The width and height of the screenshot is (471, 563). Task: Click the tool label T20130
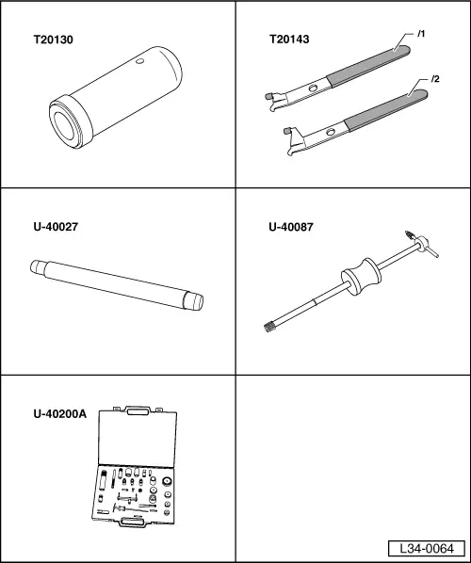tap(53, 40)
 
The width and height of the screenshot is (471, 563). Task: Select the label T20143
tap(289, 40)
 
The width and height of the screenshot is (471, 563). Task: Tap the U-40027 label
tap(56, 227)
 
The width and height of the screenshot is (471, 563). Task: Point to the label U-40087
tap(291, 227)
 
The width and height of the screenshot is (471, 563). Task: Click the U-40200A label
tap(60, 414)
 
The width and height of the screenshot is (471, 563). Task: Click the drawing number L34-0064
tap(427, 549)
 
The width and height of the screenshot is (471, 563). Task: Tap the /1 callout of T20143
tap(421, 34)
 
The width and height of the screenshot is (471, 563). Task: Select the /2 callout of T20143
tap(435, 79)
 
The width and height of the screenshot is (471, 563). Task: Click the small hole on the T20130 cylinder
tap(139, 61)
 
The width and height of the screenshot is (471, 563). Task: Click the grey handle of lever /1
tap(368, 66)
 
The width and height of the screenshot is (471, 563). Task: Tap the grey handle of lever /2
tap(386, 110)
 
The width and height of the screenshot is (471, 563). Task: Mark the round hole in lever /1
tap(313, 88)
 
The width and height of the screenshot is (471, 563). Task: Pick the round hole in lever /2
tap(331, 132)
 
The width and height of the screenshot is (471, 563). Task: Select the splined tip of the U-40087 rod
tap(269, 327)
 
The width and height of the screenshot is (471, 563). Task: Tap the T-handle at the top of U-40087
tap(422, 244)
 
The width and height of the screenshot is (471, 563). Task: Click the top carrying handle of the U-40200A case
tap(138, 410)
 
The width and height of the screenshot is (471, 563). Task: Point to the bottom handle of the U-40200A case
tap(132, 522)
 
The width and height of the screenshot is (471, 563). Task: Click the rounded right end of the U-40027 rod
tap(194, 300)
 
